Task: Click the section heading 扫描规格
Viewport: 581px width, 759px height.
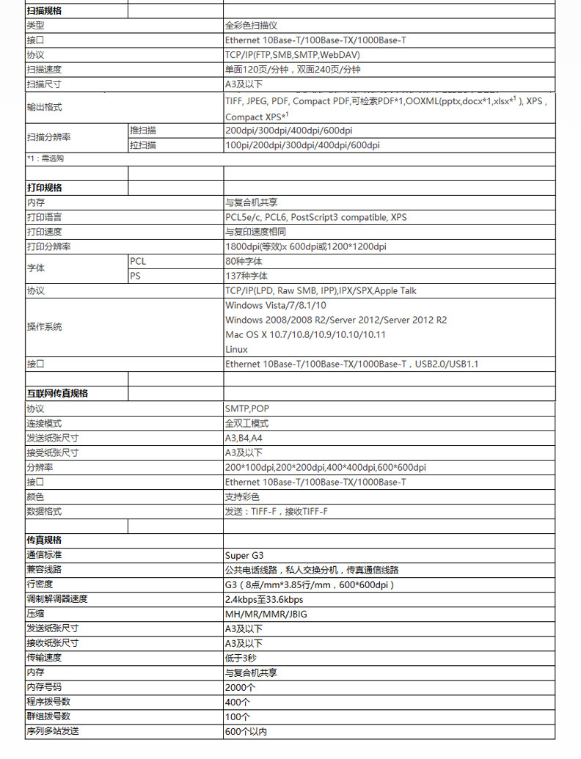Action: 44,11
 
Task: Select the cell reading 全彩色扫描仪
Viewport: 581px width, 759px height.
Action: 251,26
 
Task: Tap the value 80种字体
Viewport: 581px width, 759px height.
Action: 244,261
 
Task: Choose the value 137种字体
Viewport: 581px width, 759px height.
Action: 246,276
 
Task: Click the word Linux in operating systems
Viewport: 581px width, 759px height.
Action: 236,349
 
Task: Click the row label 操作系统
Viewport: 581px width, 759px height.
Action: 44,327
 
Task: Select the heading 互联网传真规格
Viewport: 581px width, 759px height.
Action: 57,394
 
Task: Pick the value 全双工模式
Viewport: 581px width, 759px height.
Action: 246,423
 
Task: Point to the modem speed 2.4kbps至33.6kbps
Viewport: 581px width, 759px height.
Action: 263,599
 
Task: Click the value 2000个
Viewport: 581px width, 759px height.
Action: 240,687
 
